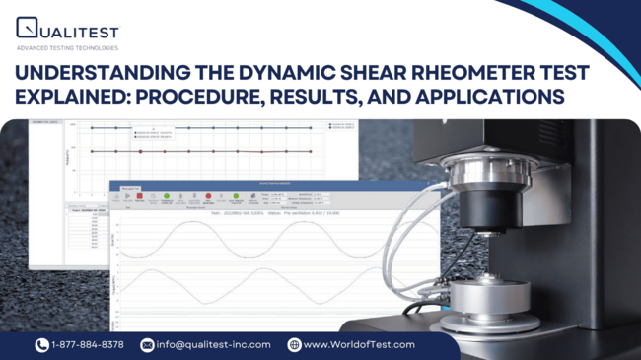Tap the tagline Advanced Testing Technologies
click(67, 47)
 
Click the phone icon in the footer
click(41, 344)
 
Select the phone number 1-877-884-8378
click(88, 344)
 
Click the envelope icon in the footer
click(147, 344)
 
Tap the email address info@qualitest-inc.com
click(213, 344)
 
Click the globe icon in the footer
click(293, 344)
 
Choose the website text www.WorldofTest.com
click(359, 344)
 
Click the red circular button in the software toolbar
click(209, 196)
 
